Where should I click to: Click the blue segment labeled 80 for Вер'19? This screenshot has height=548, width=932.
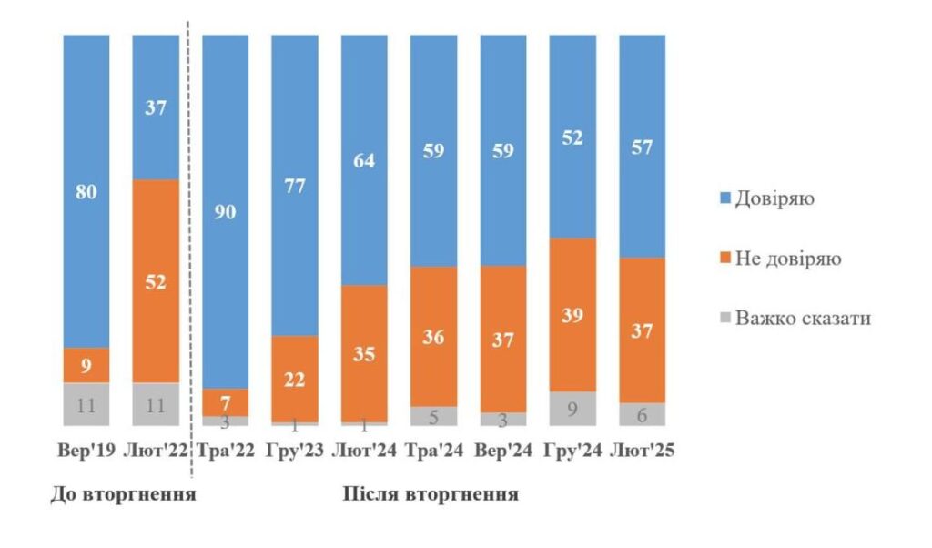[86, 191]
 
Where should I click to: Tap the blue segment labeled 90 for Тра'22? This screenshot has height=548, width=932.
[225, 211]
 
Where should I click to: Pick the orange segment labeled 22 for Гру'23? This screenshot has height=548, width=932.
[294, 378]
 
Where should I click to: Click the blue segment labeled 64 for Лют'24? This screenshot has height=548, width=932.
[363, 159]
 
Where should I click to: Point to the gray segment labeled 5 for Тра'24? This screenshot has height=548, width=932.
[433, 415]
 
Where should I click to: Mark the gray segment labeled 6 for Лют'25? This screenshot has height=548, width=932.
[642, 414]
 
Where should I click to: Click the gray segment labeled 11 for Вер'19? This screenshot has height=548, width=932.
[86, 404]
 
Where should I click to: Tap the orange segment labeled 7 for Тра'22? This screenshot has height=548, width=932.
[225, 402]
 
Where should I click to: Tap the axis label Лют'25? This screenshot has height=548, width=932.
[642, 451]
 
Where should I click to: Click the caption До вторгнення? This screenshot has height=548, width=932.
[122, 495]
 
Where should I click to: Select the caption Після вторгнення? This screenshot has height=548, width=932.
[431, 495]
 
